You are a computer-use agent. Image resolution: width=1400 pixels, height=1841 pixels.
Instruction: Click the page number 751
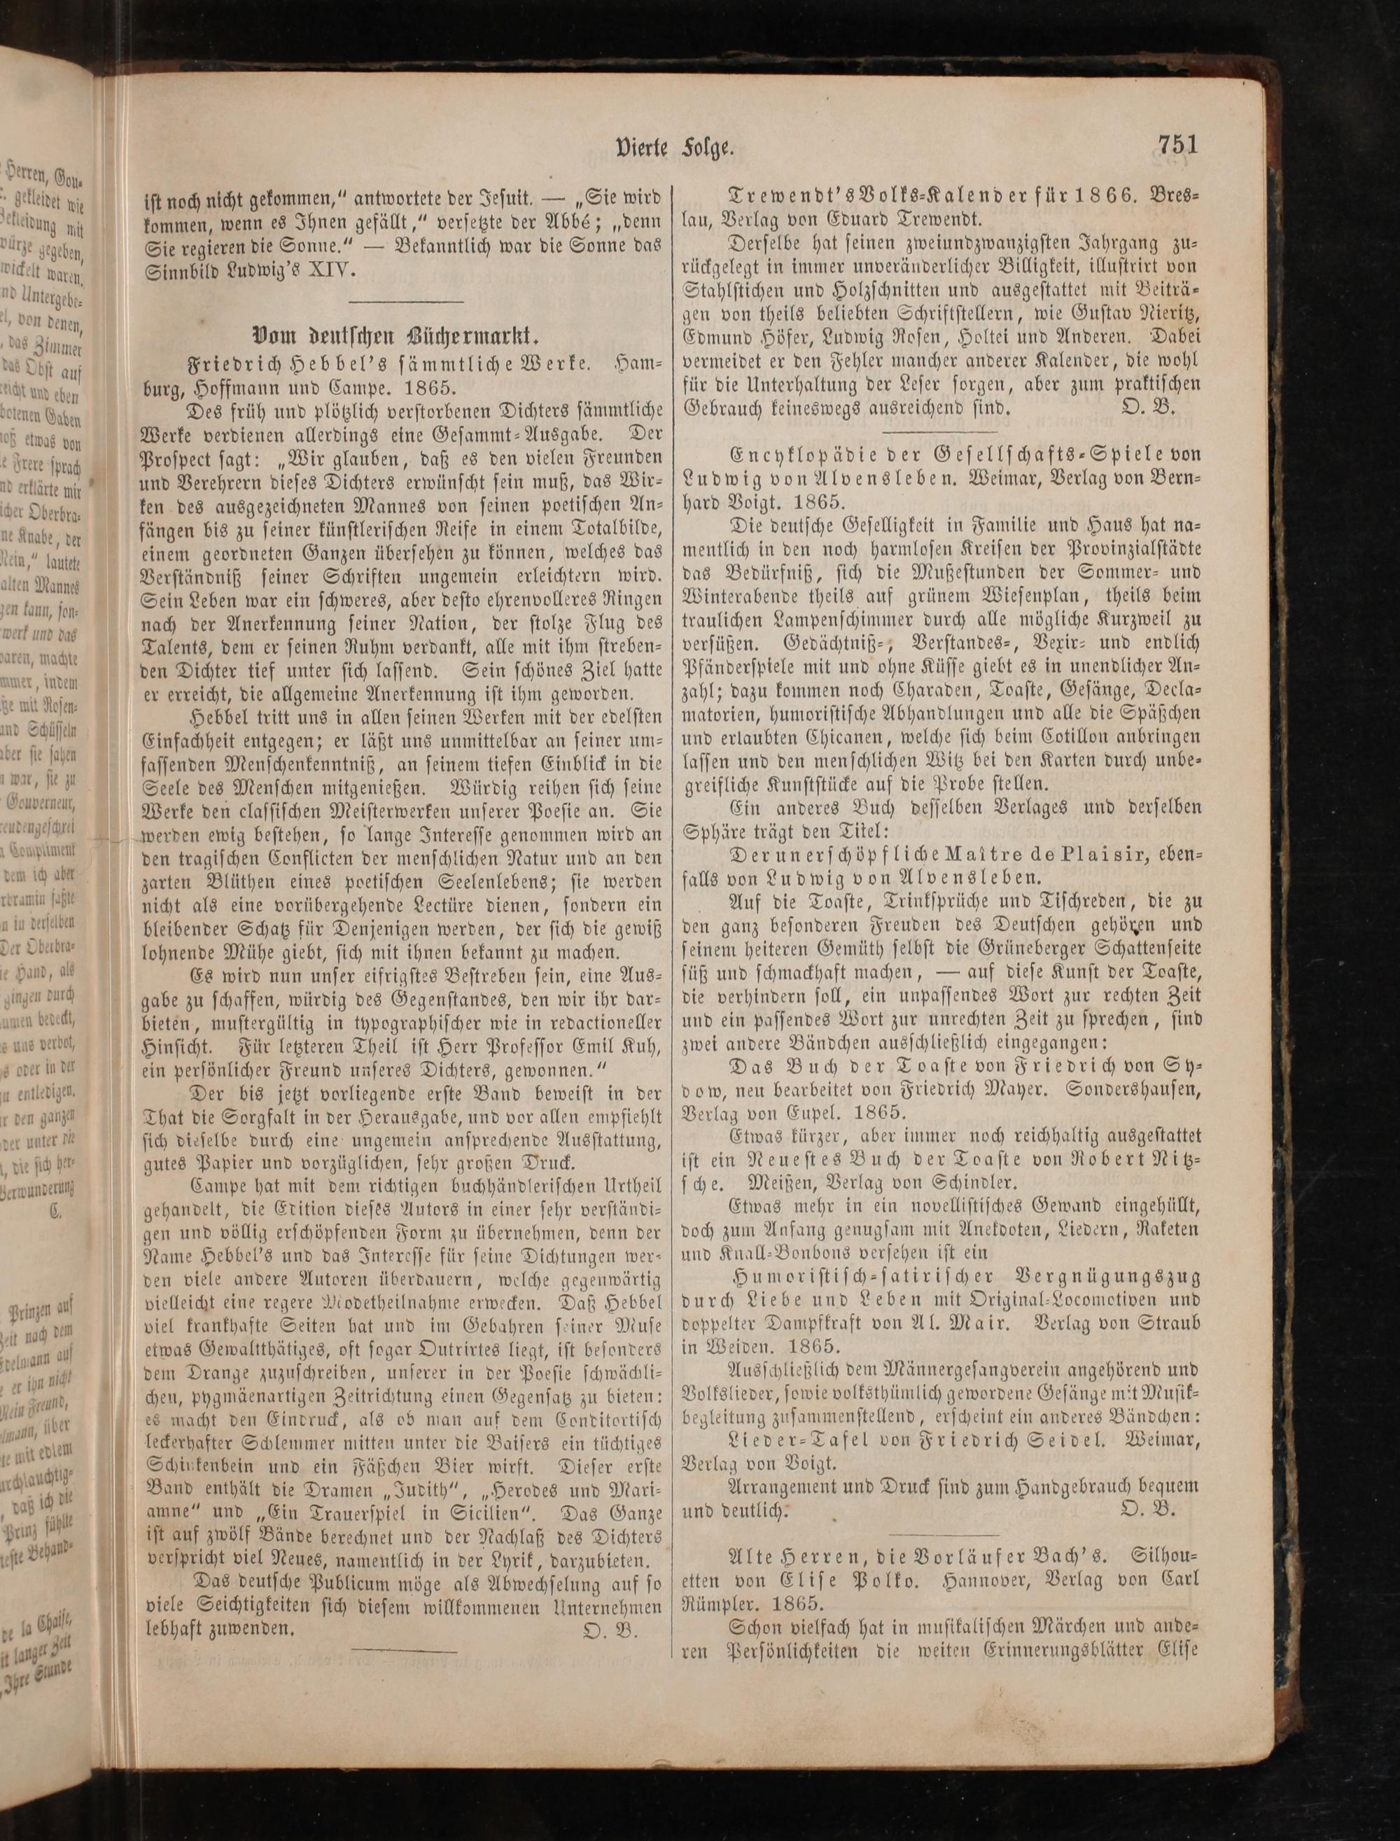tap(1177, 145)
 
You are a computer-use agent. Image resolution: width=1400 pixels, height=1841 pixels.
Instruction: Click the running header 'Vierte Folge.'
tap(674, 148)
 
